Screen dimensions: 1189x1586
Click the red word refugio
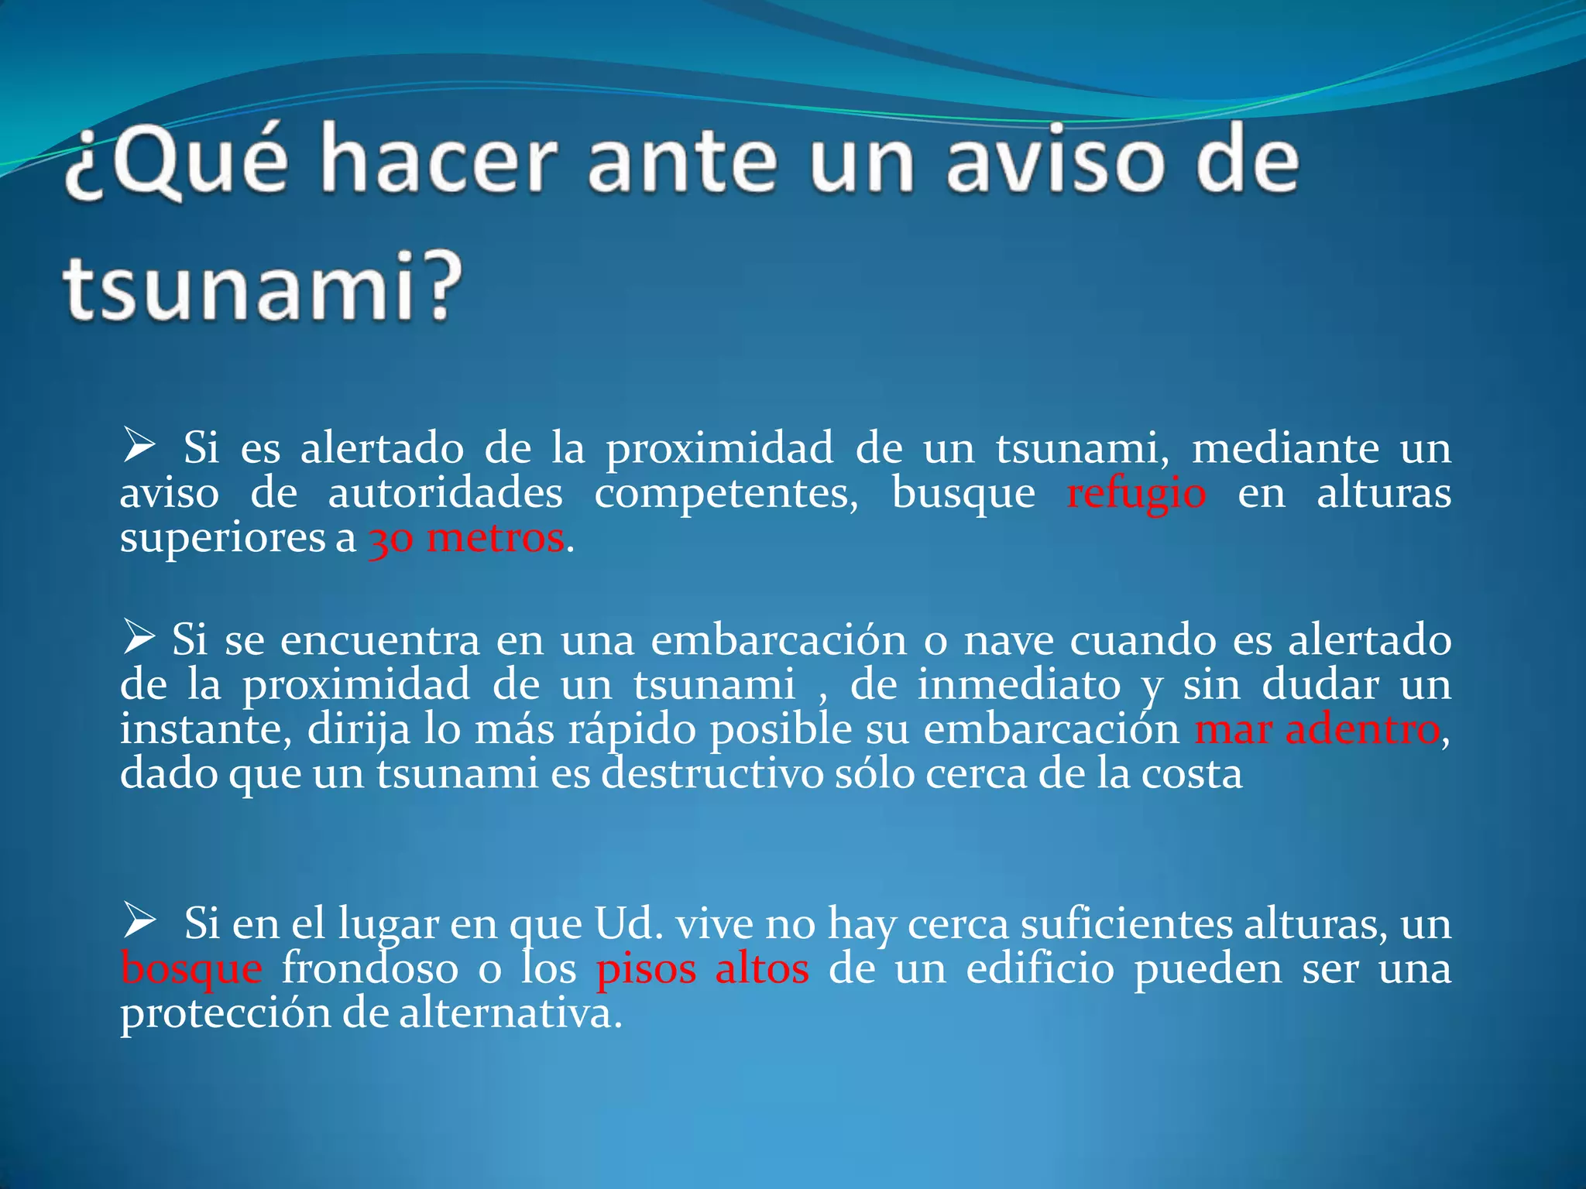[x=1136, y=494]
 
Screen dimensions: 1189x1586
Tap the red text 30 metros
[x=466, y=539]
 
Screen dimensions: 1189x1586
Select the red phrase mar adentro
[x=1317, y=729]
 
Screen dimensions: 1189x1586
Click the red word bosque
[x=191, y=969]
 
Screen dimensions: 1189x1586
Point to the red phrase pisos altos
[x=702, y=969]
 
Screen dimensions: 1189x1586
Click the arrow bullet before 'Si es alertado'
[x=139, y=447]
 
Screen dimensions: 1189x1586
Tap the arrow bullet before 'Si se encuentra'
[x=139, y=638]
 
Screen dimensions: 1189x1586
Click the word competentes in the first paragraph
[x=726, y=494]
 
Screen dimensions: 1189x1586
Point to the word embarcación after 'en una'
[x=778, y=640]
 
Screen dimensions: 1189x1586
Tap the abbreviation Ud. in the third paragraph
[x=628, y=923]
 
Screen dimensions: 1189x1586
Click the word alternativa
[x=510, y=1013]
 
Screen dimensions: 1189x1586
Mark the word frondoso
[x=370, y=968]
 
